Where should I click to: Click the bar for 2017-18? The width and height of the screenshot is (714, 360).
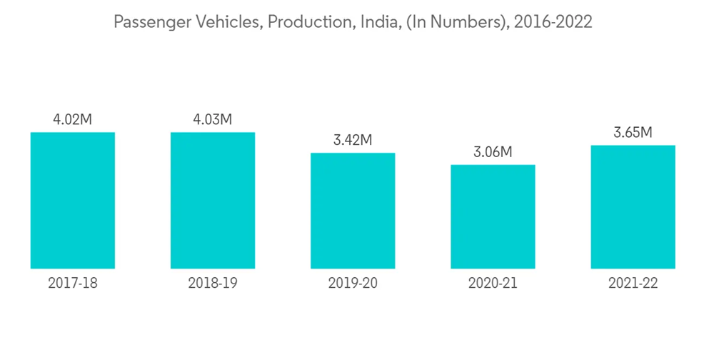pos(73,201)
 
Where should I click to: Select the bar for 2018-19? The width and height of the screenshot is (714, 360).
pos(213,201)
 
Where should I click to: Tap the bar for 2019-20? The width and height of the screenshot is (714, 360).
pos(353,211)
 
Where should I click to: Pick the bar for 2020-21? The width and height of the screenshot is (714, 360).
pos(493,217)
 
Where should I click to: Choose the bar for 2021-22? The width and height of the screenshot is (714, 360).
pos(633,207)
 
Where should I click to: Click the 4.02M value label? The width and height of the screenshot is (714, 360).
pos(73,120)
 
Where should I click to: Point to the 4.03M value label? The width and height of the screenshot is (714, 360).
pos(213,120)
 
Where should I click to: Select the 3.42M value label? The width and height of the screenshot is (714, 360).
pos(353,140)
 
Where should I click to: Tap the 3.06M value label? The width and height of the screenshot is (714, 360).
pos(493,152)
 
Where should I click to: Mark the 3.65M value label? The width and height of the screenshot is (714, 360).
pos(633,133)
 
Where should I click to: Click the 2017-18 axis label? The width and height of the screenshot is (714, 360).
pos(73,284)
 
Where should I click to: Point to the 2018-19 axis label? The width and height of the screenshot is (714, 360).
pos(213,284)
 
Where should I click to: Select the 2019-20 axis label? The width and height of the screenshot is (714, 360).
pos(353,284)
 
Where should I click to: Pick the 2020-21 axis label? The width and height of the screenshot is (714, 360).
pos(493,284)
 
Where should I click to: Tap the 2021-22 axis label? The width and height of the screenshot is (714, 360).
pos(633,284)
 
